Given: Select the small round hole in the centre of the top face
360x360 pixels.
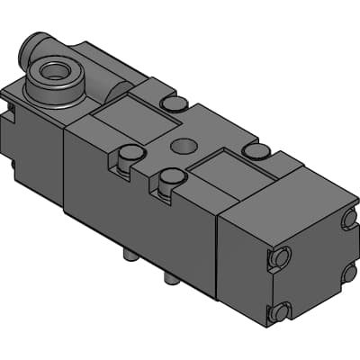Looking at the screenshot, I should tap(185, 144).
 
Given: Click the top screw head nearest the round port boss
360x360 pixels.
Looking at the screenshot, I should tap(171, 104).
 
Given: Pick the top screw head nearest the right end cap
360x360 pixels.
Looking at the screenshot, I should tap(256, 151).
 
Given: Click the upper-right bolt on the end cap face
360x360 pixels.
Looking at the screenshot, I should tap(349, 219).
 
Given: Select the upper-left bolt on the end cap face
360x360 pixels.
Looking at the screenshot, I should tap(280, 258).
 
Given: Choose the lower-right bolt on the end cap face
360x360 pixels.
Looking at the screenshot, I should tap(349, 273).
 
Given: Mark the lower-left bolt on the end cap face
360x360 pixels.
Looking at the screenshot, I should tap(278, 313).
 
